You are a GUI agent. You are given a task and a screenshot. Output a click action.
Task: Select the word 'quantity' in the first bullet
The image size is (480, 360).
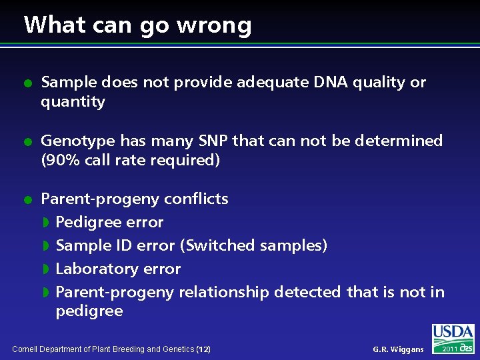[73, 102]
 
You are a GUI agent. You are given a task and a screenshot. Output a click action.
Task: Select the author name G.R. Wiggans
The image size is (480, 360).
[398, 349]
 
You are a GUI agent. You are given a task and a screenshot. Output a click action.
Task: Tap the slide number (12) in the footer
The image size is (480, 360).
[203, 349]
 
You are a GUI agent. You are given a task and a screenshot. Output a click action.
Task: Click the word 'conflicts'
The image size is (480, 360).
[196, 199]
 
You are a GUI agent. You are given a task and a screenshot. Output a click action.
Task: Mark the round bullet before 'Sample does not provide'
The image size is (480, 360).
[26, 83]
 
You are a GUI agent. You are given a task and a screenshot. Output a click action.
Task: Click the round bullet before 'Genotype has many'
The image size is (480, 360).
[26, 141]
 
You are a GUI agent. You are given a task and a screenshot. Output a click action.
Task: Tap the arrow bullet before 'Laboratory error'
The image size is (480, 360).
[46, 269]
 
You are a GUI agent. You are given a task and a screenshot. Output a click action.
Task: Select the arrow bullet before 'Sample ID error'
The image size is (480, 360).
[46, 245]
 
